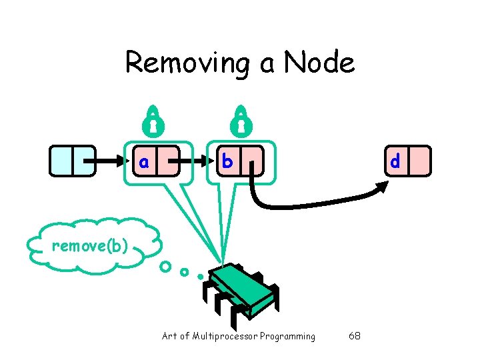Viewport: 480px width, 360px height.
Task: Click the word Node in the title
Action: pos(319,63)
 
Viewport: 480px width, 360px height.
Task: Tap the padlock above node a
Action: pos(153,120)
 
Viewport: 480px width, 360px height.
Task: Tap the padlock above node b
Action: pos(241,120)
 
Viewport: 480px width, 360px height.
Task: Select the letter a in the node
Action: pos(143,161)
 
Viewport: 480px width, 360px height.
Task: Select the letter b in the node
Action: pos(227,161)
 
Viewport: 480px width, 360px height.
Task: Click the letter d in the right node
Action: pos(395,161)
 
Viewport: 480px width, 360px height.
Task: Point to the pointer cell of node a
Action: pos(168,161)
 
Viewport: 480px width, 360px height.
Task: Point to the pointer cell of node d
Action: pos(420,161)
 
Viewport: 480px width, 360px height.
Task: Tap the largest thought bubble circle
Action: pos(164,267)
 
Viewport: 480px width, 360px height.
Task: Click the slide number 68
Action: pos(355,336)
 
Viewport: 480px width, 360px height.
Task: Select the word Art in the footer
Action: pos(170,336)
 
